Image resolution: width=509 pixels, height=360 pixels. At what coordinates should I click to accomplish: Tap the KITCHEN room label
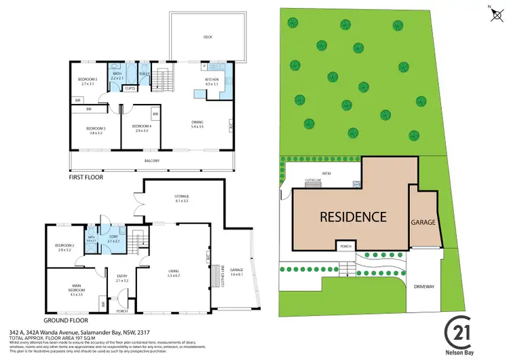[x=211, y=79]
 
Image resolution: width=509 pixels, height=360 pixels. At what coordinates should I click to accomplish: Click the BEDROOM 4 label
[x=141, y=126]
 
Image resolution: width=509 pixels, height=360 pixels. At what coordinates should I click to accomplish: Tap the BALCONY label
[x=152, y=160]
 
